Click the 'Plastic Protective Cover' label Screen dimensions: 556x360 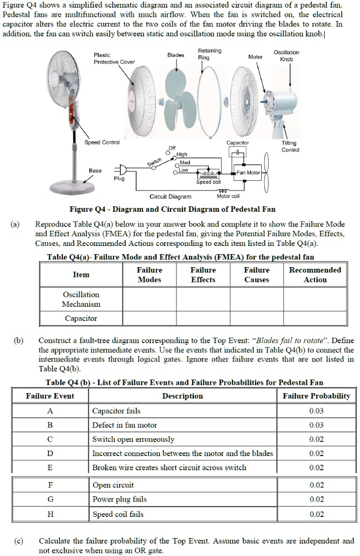114,58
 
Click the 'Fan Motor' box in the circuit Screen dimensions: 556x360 249,173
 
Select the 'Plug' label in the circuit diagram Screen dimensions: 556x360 119,179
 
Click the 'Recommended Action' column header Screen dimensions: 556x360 315,275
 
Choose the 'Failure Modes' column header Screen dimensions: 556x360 149,275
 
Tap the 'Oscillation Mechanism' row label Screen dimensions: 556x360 81,299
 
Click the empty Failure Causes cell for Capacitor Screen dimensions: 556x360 257,318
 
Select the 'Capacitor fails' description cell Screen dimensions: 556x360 116,411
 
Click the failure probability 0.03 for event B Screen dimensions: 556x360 316,425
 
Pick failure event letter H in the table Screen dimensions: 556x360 50,514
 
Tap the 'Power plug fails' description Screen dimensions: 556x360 119,500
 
